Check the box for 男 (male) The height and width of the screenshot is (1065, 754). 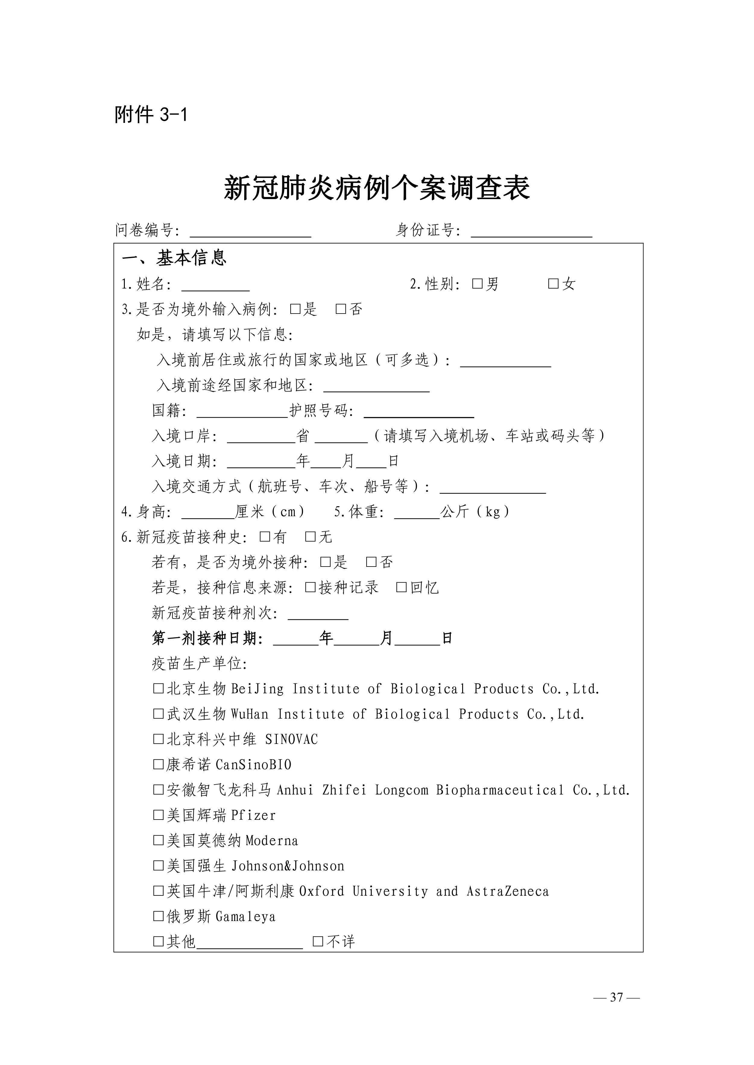(x=477, y=283)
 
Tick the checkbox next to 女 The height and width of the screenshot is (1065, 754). (x=553, y=283)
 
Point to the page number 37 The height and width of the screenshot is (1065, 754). (x=617, y=997)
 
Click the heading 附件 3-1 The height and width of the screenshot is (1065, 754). (x=151, y=114)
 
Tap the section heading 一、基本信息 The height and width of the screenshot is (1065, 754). (x=174, y=258)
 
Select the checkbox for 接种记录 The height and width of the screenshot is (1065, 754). (x=310, y=587)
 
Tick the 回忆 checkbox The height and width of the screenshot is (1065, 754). (x=401, y=587)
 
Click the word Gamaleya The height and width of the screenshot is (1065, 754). (x=246, y=916)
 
